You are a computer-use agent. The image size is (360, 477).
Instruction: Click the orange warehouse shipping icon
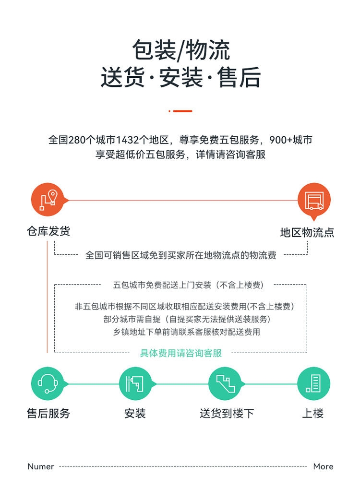click(x=48, y=200)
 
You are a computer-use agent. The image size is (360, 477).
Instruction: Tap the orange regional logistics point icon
click(x=314, y=200)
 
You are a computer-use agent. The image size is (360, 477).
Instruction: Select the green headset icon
click(x=48, y=383)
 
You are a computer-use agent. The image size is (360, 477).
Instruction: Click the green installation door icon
click(x=135, y=383)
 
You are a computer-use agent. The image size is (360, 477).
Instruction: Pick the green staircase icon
click(x=225, y=383)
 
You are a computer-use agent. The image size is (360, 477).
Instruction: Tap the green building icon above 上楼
click(x=313, y=383)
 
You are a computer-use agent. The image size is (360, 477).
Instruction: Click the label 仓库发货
click(x=48, y=231)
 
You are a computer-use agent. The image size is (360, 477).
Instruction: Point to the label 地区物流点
click(x=307, y=233)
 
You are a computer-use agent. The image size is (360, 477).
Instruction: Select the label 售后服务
click(x=48, y=414)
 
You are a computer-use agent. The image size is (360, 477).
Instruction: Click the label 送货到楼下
click(x=227, y=414)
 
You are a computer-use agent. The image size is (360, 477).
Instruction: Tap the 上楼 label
click(x=313, y=414)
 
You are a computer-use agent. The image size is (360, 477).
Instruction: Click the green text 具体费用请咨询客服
click(x=181, y=353)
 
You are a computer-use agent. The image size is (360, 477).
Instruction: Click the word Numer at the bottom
click(x=41, y=466)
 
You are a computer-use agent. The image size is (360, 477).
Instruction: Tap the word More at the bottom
click(x=323, y=466)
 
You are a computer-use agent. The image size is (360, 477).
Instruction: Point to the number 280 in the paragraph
click(x=77, y=140)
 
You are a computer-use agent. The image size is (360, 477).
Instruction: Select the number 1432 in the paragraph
click(x=128, y=140)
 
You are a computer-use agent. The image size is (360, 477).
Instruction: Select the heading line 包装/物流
click(x=181, y=50)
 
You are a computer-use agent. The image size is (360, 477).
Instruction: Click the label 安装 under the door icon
click(x=135, y=414)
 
